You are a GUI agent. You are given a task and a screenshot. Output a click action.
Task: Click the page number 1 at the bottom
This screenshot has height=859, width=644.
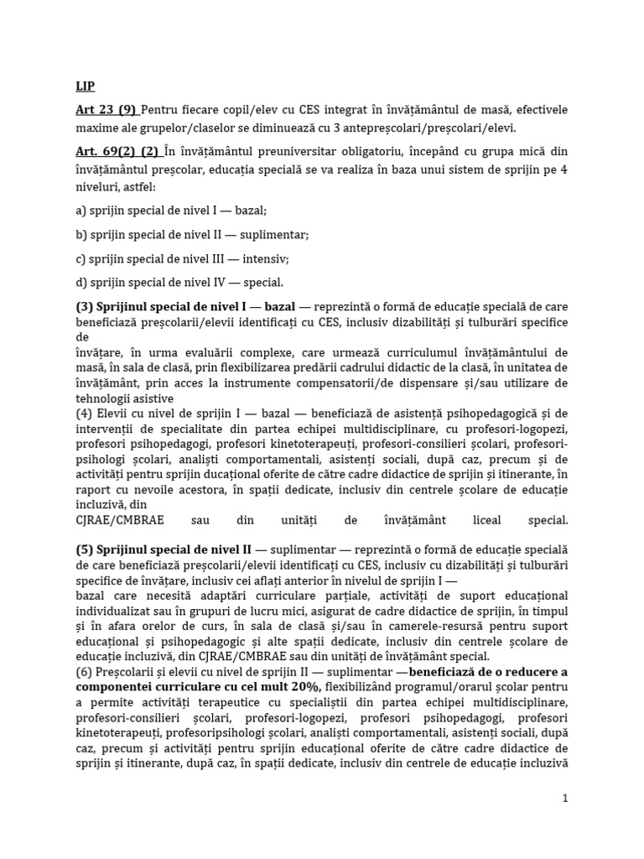click(x=565, y=799)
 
